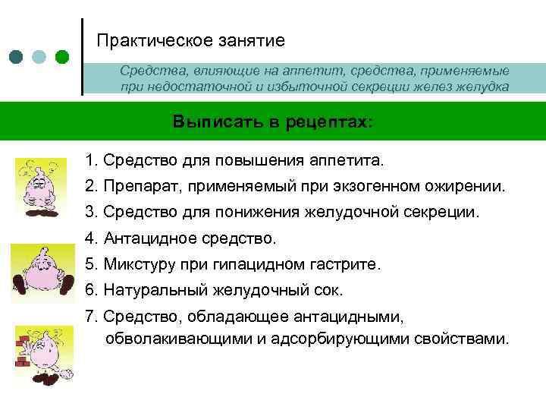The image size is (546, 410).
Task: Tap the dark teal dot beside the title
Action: (x=17, y=56)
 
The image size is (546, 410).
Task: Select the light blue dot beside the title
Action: (x=39, y=56)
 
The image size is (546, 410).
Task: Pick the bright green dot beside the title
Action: (x=62, y=56)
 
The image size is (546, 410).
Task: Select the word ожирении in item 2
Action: (x=469, y=186)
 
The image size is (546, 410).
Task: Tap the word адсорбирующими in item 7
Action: (x=336, y=338)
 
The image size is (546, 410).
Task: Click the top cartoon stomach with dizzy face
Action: (x=35, y=186)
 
